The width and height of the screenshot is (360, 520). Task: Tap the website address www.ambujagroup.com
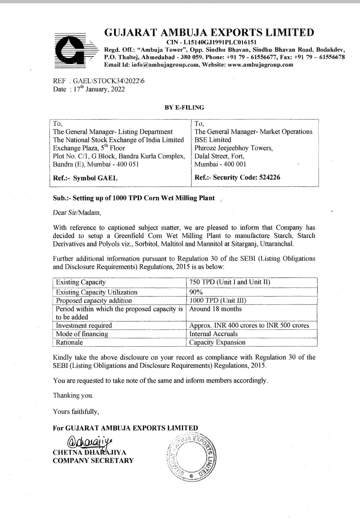coord(260,65)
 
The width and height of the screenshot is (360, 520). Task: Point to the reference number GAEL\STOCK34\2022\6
coord(109,81)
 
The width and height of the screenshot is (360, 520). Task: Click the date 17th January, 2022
coord(99,89)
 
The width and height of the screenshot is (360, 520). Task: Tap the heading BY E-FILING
coord(184,108)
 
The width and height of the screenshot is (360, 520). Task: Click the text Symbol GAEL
coord(95,178)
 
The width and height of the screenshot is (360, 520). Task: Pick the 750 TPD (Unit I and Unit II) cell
coord(230,282)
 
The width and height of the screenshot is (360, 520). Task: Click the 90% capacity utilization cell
coord(196,292)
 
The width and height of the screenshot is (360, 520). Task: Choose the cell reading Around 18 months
coord(215,309)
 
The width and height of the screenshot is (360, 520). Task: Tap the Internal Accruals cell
coord(213,334)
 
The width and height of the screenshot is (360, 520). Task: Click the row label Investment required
coord(84,325)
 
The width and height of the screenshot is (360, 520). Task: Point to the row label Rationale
coord(69,342)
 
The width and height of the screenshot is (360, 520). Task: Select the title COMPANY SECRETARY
coord(93,461)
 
